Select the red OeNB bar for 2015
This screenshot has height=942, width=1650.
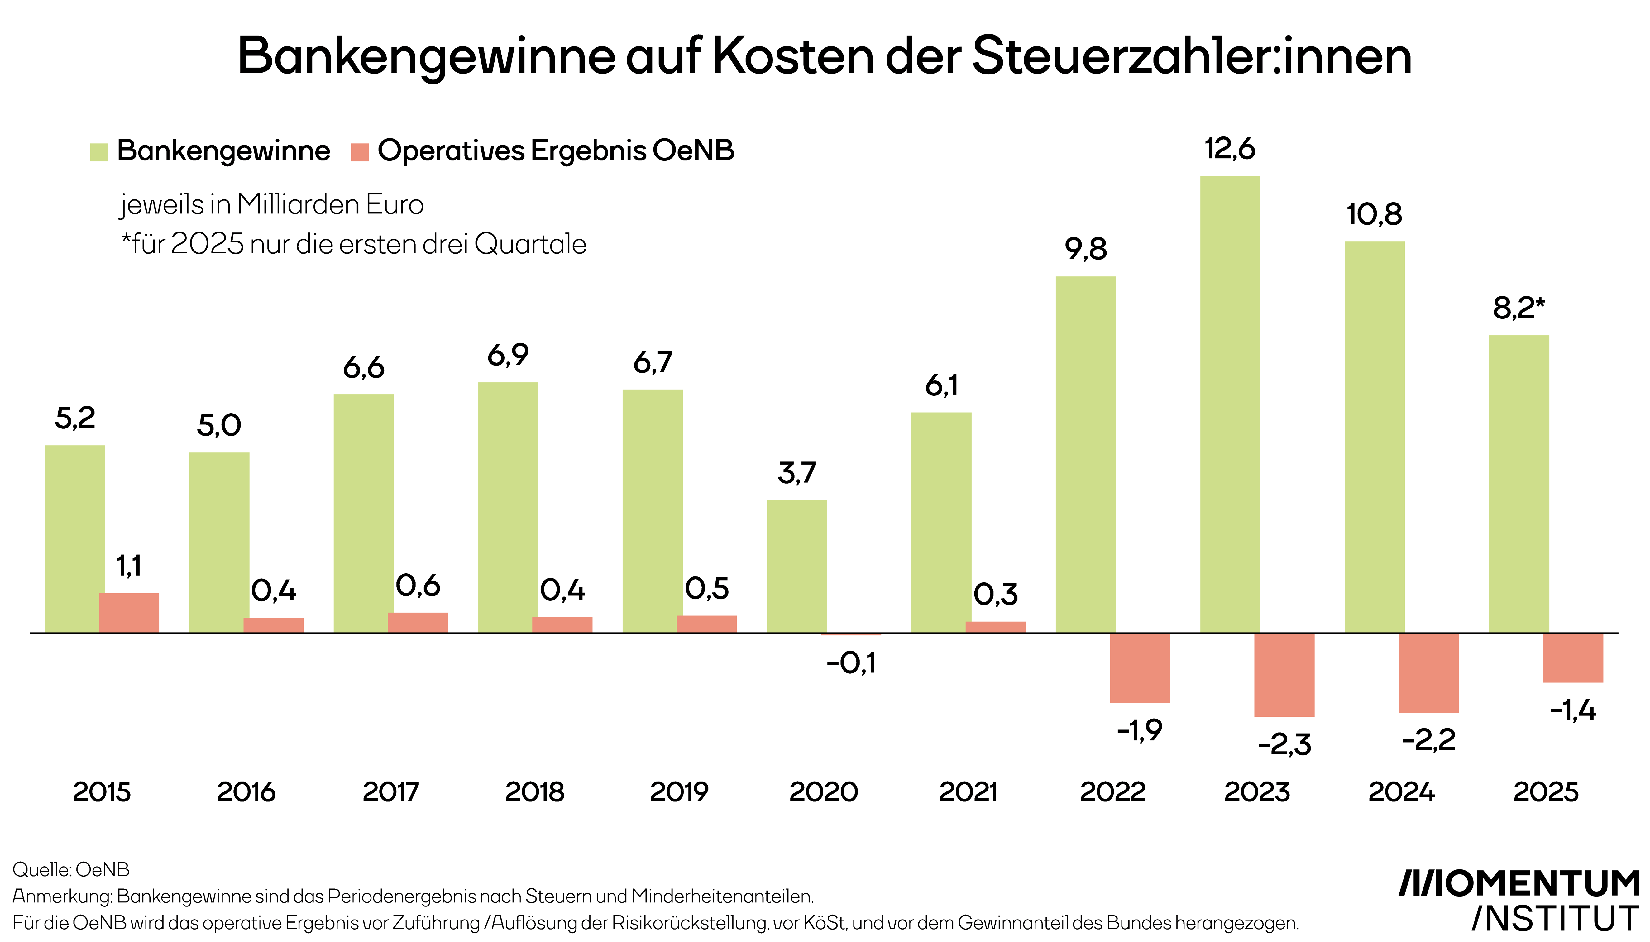(129, 613)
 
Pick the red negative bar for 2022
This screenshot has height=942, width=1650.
(1140, 668)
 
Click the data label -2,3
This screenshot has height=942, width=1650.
(1284, 745)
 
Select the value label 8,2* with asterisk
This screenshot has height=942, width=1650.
(1518, 308)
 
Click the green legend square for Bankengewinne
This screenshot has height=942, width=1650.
(99, 152)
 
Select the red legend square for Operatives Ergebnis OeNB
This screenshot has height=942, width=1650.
(360, 152)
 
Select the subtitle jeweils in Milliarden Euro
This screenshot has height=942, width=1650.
(272, 204)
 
